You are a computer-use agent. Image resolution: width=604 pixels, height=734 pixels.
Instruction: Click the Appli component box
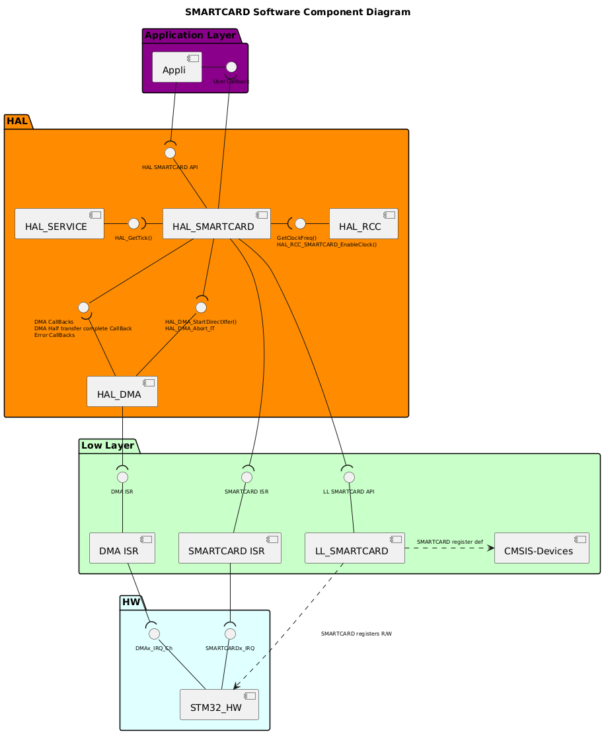tap(176, 67)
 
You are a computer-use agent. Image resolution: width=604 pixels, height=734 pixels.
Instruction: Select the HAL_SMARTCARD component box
tap(215, 223)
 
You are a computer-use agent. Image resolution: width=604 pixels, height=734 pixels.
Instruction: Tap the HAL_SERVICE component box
tap(59, 223)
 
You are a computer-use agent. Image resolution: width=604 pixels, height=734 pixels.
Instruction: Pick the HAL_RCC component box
tap(363, 223)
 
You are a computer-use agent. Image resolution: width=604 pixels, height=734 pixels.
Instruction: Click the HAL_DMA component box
tap(122, 391)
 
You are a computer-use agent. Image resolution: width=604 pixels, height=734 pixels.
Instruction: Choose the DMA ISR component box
tap(122, 548)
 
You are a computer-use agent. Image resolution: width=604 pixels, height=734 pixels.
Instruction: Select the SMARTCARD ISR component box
tap(229, 548)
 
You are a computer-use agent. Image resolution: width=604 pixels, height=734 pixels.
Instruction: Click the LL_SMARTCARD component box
tap(354, 548)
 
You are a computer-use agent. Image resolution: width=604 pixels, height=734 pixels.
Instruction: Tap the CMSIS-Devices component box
tap(541, 548)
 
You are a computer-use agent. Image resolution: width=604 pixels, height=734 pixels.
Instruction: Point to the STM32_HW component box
tap(219, 704)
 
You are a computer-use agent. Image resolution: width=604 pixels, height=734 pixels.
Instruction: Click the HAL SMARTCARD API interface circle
tap(170, 153)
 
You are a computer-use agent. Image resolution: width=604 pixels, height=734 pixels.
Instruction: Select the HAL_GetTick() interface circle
tap(133, 223)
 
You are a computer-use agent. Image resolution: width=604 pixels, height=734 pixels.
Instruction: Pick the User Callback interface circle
tap(231, 67)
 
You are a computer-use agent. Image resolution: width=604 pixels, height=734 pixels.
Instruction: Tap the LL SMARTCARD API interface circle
tap(349, 477)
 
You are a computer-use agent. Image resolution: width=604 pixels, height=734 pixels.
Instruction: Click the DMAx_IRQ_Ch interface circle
tap(154, 634)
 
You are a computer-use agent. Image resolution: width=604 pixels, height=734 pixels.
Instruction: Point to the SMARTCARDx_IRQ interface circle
tap(230, 634)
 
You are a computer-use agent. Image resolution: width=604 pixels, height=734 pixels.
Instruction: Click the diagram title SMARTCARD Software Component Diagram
tap(297, 12)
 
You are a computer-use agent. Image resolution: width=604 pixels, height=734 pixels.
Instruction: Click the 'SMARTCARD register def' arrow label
tap(449, 542)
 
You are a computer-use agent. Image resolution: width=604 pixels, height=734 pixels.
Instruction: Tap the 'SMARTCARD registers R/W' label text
tap(356, 634)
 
